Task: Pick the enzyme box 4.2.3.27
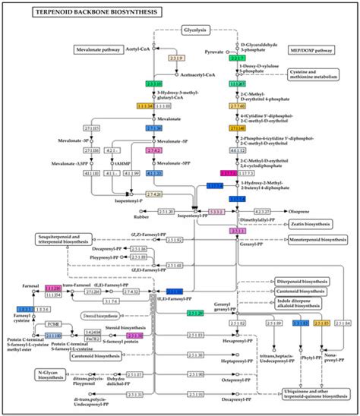click(x=261, y=212)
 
